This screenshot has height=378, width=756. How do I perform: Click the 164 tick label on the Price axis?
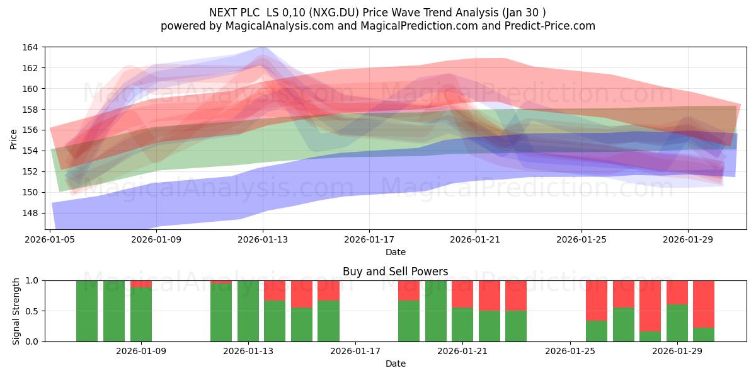(30, 47)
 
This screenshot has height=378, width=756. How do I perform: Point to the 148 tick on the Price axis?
(30, 214)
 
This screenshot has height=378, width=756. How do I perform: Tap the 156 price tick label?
(30, 130)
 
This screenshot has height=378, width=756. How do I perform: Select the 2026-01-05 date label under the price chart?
(50, 239)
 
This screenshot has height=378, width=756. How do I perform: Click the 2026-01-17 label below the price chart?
(369, 239)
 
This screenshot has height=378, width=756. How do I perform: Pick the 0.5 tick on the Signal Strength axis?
(33, 311)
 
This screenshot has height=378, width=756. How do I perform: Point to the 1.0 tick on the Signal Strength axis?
(33, 281)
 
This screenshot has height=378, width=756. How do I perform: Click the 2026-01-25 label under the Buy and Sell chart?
(570, 352)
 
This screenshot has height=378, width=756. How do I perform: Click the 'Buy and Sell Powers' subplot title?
(395, 272)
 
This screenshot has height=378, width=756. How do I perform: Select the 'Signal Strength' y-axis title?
(16, 311)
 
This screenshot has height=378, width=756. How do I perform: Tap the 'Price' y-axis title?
(13, 139)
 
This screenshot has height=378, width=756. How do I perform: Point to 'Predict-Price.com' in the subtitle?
(550, 26)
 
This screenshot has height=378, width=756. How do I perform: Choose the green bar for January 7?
(87, 311)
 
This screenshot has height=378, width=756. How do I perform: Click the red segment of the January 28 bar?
(650, 306)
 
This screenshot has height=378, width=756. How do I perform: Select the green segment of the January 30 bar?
(704, 335)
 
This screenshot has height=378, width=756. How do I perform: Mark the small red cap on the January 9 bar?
(141, 284)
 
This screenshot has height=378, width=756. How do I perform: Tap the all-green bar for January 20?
(436, 311)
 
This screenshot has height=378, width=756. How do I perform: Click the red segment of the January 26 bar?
(597, 301)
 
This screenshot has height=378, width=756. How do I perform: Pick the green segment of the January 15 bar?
(302, 324)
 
